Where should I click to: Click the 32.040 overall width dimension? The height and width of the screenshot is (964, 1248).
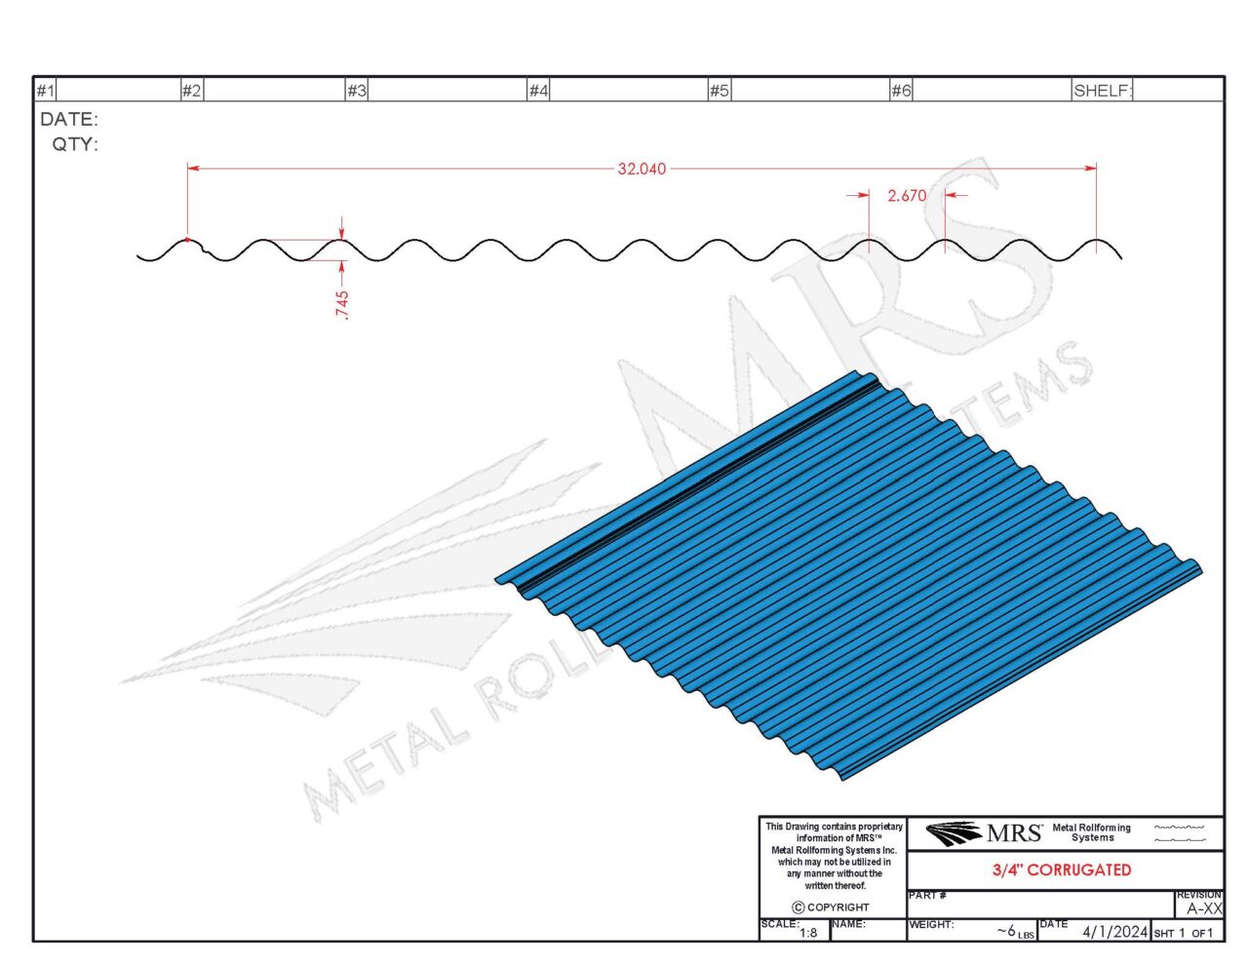point(642,169)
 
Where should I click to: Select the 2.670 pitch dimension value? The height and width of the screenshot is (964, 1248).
point(907,196)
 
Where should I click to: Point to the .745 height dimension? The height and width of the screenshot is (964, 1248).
point(341,304)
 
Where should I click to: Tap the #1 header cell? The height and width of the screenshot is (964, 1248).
point(46,91)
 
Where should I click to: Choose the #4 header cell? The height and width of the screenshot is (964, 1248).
point(538,91)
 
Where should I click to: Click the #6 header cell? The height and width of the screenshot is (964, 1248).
point(901,91)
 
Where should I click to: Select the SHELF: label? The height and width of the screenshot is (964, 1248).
point(1102,91)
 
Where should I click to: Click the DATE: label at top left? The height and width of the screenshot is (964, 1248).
point(68,120)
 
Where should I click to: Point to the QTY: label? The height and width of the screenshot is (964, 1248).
point(75,144)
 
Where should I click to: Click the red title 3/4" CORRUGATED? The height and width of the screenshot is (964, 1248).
point(1062,869)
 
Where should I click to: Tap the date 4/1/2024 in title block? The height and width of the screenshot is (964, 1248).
point(1114,932)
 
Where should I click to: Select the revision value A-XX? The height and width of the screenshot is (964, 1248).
point(1203,908)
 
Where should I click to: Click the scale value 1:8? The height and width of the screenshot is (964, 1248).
point(808,933)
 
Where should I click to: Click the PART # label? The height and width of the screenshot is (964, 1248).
point(926,896)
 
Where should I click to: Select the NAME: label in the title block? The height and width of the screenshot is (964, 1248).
point(848,924)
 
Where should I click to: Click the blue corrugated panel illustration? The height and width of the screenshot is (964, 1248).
point(848,575)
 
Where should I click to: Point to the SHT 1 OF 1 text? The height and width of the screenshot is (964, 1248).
point(1184,934)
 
